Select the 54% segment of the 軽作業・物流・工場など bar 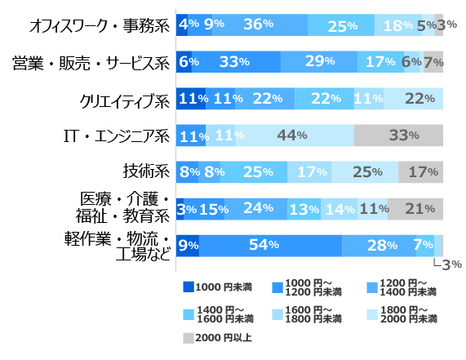[x=270, y=245]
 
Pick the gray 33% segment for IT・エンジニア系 [x=398, y=136]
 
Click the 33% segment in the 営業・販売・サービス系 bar [x=236, y=62]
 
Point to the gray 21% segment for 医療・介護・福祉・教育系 [x=415, y=209]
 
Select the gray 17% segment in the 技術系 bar [x=420, y=172]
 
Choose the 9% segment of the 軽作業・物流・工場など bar [x=188, y=245]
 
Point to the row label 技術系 [x=146, y=172]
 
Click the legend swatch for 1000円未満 [x=189, y=288]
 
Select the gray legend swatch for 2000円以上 [x=189, y=336]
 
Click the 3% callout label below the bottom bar [x=451, y=264]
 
